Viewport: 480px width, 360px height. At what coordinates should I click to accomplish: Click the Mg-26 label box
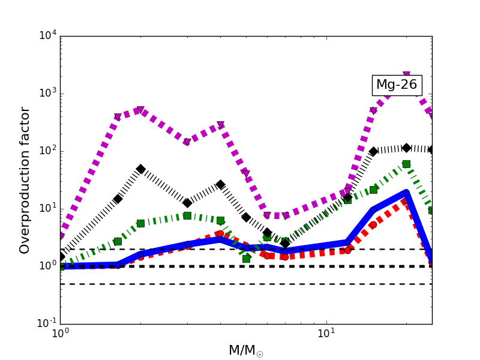[397, 85]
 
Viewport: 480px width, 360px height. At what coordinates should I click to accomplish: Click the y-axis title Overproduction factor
[25, 180]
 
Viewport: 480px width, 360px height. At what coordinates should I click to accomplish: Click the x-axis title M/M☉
[245, 350]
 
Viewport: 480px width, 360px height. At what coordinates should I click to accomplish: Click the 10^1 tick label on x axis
[326, 334]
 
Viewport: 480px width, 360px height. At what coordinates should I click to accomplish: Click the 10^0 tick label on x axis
[60, 334]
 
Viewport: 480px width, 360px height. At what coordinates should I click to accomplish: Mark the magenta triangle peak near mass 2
[140, 110]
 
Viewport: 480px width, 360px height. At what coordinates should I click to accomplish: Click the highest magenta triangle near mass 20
[406, 76]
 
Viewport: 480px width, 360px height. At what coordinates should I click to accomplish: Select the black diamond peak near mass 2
[140, 169]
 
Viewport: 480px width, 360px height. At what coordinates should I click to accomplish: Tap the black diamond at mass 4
[220, 185]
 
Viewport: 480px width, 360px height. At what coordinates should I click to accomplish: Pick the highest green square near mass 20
[406, 164]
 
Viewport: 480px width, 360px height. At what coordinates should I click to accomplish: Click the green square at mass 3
[187, 215]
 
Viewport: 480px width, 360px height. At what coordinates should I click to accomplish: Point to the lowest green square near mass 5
[246, 259]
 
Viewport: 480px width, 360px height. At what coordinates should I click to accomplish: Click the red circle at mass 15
[373, 225]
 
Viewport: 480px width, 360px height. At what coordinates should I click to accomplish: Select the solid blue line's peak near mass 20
[406, 192]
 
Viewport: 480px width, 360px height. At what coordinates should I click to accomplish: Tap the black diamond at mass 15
[373, 151]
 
